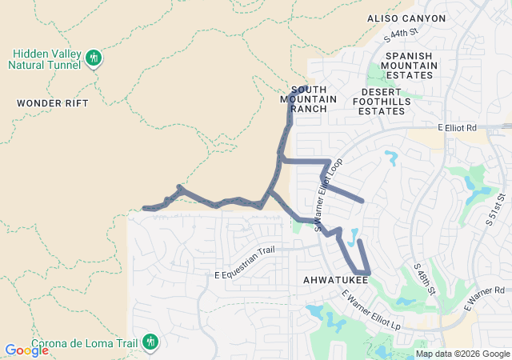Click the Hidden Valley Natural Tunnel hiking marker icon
94,58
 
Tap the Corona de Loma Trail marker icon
149,342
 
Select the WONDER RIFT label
52,103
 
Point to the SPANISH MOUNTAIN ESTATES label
410,66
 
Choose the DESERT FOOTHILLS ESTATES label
381,106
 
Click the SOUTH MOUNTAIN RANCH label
309,99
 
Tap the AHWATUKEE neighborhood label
335,280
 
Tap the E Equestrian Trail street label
244,263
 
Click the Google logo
26,350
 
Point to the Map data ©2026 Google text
462,354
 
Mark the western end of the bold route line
145,208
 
